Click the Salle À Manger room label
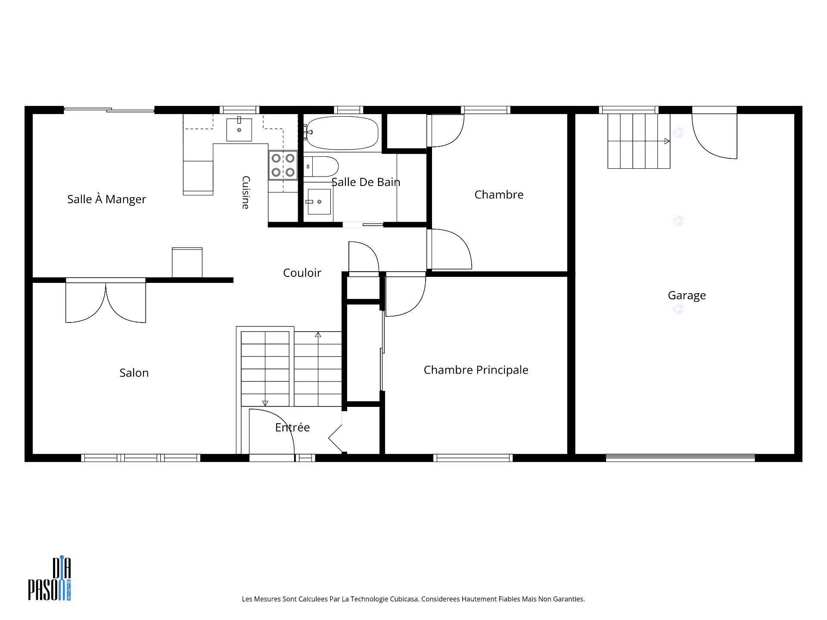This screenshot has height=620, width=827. point(106,199)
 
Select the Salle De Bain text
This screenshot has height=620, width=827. point(366,182)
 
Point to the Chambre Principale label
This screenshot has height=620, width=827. point(476,370)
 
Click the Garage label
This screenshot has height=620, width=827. point(687,295)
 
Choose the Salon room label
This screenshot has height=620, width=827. point(134,373)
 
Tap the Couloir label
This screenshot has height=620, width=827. point(302,273)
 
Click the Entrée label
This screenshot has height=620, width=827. point(292,427)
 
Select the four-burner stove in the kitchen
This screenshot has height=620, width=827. point(283,165)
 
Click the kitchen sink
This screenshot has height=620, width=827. point(239,129)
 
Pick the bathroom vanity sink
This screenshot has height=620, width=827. point(319,201)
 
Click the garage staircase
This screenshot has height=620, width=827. point(639,141)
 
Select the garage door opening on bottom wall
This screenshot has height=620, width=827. point(680,458)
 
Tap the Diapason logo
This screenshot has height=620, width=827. point(50,579)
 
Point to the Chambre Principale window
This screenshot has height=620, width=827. point(473,458)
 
